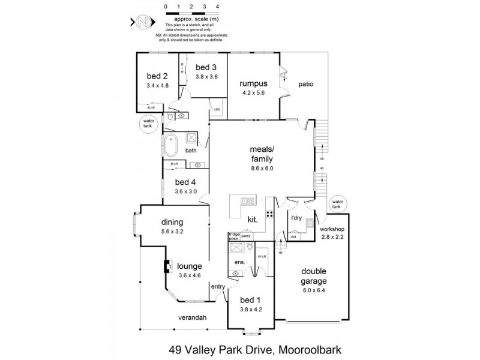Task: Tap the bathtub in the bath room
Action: click(x=171, y=145)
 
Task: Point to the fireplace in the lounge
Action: click(x=168, y=266)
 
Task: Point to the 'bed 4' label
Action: click(x=185, y=182)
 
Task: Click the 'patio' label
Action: click(x=306, y=85)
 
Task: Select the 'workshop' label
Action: click(x=332, y=229)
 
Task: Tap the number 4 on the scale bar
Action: click(x=217, y=7)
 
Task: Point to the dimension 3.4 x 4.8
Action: click(x=157, y=86)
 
